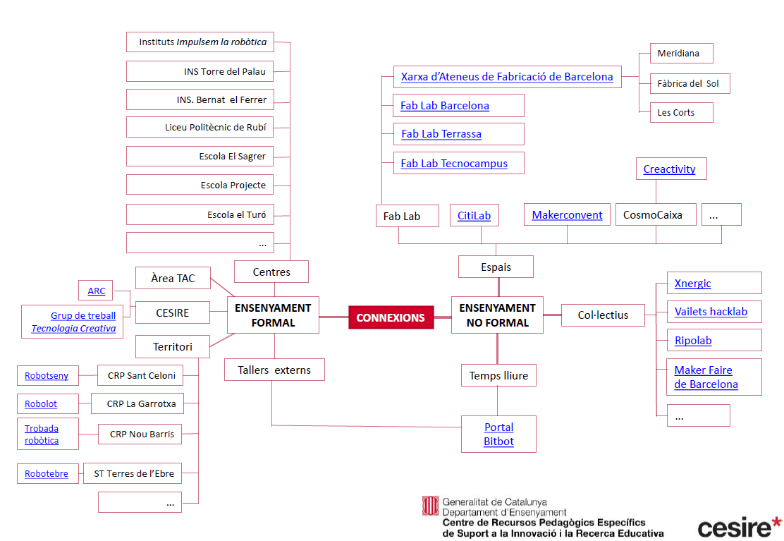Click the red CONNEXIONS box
390,317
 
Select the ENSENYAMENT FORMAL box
273,315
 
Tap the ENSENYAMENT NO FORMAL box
497,315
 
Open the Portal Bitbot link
498,434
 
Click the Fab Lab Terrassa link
441,134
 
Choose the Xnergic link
692,284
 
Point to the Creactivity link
669,169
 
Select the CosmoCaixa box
653,215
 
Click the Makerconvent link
567,215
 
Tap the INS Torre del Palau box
225,71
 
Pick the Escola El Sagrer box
232,157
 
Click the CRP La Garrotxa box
141,404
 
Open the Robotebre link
47,474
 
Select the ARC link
96,291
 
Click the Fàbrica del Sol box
687,83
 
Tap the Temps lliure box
498,376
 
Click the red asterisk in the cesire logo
776,522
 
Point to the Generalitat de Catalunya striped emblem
430,506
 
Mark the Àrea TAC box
172,278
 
